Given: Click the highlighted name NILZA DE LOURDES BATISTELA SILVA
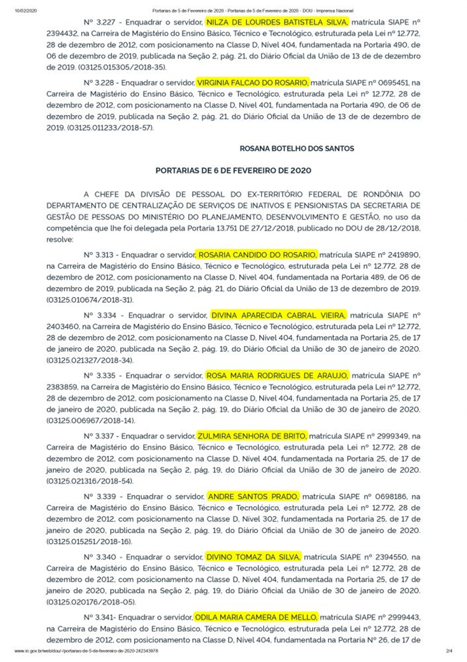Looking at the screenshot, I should tap(277, 23).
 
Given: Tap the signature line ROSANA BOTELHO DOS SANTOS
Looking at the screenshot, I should tap(297, 149).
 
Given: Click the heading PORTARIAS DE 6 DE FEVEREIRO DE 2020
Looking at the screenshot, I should tap(233, 171).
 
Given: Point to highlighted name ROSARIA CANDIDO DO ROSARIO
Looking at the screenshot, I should tap(258, 254).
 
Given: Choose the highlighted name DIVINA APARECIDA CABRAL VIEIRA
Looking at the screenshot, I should tap(278, 315).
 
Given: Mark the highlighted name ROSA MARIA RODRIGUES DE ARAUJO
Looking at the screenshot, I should tap(277, 375).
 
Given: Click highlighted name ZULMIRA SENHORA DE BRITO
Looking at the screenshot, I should tap(252, 435).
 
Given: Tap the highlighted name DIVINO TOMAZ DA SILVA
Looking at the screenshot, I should tap(254, 556).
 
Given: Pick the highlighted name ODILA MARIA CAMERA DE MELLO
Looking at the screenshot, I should tap(256, 616).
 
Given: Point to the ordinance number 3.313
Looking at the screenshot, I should tap(103, 254).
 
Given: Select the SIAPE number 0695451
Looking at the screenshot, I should tap(391, 82).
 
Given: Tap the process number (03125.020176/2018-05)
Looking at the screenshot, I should tap(90, 600).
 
